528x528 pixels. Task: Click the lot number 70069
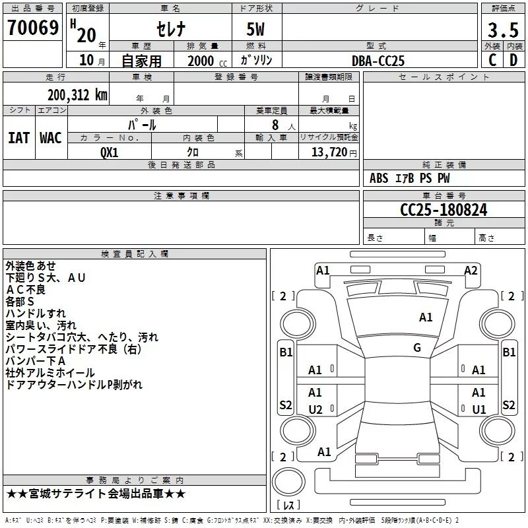tap(33, 28)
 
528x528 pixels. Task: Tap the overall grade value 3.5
tap(503, 30)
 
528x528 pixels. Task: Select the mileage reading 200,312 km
tap(77, 95)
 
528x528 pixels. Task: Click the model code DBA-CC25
tap(378, 61)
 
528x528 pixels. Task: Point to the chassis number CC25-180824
tap(444, 210)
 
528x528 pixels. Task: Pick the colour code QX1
tap(109, 152)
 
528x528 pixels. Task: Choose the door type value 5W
tap(255, 29)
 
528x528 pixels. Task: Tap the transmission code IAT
tap(19, 138)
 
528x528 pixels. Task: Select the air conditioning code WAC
tap(51, 138)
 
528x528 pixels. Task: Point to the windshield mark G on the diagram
tap(417, 348)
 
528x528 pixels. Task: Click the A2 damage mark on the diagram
tap(471, 271)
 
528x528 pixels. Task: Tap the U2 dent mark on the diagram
tap(315, 409)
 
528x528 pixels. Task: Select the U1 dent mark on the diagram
tap(479, 409)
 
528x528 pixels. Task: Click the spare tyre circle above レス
tap(288, 482)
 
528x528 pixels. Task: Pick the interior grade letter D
tap(513, 60)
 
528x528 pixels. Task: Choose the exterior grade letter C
tap(492, 60)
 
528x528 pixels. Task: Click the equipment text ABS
tap(379, 178)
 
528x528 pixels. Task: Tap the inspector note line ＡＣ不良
tap(26, 290)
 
